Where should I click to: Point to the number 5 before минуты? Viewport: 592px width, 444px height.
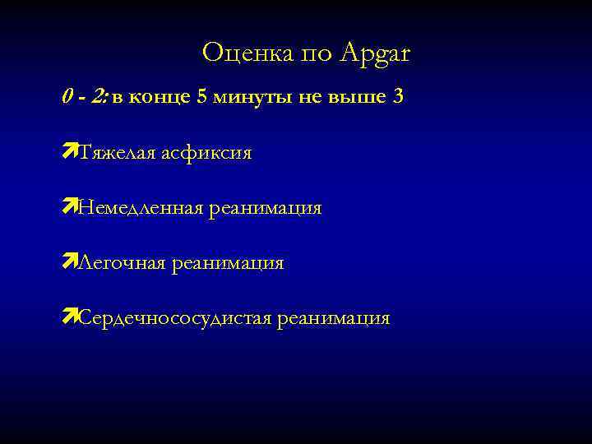point(201,97)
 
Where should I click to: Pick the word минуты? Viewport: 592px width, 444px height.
point(247,98)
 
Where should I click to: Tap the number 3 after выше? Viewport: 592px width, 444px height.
point(398,97)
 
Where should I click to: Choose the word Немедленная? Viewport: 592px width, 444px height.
point(139,209)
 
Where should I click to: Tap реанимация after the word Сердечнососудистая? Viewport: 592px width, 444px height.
point(333,319)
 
